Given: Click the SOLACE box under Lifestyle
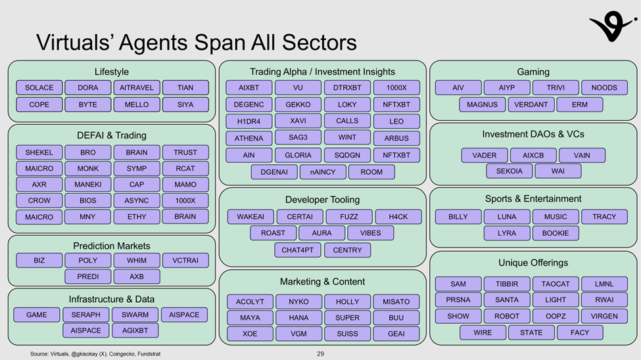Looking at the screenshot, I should [39, 88].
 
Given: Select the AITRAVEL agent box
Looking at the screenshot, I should [136, 88].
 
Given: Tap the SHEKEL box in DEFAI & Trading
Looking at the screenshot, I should [39, 152].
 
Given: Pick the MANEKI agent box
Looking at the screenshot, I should [87, 185].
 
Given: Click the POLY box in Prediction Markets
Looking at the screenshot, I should [87, 261].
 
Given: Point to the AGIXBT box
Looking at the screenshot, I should [136, 330].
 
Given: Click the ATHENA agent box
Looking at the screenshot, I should [249, 139].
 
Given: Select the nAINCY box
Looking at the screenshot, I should [322, 172].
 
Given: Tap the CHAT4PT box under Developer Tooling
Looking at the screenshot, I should [297, 250].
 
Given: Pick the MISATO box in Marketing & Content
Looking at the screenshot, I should [396, 302].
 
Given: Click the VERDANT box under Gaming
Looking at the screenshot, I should [531, 104].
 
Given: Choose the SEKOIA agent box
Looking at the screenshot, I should [508, 171].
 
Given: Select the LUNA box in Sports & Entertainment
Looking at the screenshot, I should [507, 217].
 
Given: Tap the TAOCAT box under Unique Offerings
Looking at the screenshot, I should [556, 284].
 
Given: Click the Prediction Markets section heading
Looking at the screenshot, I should [111, 246].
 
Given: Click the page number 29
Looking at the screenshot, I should [321, 354].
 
